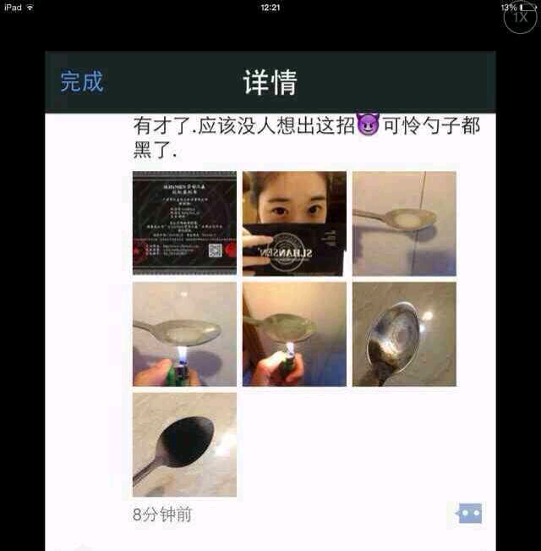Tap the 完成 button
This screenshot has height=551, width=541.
click(82, 81)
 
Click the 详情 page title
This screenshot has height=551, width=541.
click(270, 82)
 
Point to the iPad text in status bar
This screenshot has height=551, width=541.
click(13, 7)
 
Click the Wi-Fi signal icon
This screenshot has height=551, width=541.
click(31, 7)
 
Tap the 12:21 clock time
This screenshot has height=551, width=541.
click(270, 7)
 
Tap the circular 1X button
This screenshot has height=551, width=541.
click(519, 18)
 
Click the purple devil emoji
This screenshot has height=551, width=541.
click(368, 127)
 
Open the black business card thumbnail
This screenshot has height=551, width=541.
click(184, 223)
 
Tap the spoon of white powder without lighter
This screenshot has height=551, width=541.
click(404, 223)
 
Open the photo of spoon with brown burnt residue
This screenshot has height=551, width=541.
click(404, 333)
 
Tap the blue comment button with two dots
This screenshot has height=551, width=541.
click(469, 513)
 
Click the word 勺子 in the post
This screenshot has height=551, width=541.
click(432, 126)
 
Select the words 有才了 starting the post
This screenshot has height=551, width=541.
click(161, 126)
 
